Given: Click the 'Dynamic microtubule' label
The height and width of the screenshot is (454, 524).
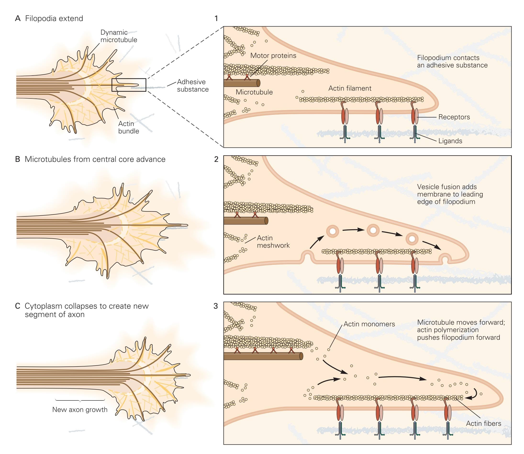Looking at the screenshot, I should pos(119,36).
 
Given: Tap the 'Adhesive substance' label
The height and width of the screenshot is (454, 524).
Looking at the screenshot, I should pos(193,86).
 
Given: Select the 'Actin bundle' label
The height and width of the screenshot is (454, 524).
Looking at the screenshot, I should pos(128,127).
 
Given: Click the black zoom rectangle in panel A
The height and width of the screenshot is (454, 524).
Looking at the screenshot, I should pos(129,85).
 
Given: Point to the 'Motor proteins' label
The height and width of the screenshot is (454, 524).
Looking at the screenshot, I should pos(273,55).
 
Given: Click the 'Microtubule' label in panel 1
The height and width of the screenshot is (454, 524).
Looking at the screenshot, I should pos(254,92).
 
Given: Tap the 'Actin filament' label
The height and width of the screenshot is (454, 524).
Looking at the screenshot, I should pos(350,88).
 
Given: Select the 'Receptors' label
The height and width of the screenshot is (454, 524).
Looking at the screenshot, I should pos(454,117).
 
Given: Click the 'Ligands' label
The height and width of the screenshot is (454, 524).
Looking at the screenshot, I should pos(450,141).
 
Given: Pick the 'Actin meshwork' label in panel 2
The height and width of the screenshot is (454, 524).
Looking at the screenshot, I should pos(273,241).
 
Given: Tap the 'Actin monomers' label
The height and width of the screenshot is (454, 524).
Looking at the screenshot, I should pos(369,324).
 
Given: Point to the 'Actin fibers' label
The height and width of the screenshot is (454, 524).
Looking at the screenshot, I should pos(483,423).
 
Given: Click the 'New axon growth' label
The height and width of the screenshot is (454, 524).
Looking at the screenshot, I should pos(80,410).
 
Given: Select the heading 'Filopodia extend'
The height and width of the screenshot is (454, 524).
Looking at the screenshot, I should pos(54,18).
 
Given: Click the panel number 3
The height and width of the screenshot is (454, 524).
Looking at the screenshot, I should pos(216,306).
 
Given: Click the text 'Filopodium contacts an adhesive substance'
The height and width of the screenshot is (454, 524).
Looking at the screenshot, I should pos(452,62).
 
